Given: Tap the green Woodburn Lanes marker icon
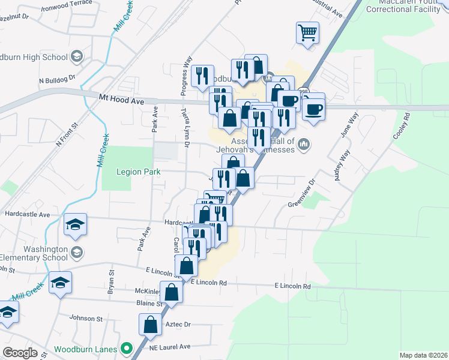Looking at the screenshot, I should [127, 348].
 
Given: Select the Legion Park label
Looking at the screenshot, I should [139, 172].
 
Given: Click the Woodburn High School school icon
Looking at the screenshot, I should [76, 57].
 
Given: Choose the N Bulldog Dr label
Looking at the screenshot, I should [56, 79].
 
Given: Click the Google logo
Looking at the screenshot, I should [20, 353].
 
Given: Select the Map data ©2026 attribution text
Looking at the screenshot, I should [423, 355].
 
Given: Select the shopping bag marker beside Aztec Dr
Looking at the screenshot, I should [149, 325].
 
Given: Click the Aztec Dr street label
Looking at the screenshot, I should [178, 324].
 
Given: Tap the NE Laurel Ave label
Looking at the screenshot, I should [170, 347].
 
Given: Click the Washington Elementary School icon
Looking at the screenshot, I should [76, 251].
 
